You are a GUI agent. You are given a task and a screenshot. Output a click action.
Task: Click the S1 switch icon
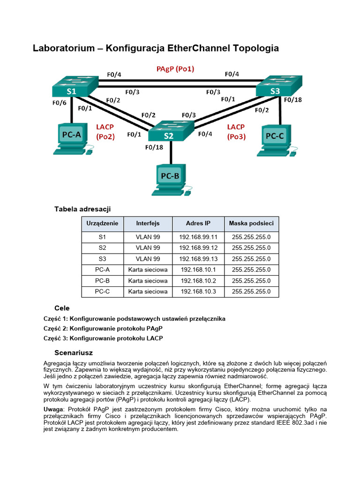pos(75,87)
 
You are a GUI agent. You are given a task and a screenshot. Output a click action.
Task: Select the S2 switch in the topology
pos(171,131)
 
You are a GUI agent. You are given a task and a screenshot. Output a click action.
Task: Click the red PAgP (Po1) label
pos(175,69)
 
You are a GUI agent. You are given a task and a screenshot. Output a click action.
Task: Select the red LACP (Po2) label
pos(105,132)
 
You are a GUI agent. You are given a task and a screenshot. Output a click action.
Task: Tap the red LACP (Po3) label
pos(236,132)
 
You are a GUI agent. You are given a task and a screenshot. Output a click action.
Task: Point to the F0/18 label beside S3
pos(293,100)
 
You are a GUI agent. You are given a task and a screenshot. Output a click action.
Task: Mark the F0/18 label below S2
pos(154,147)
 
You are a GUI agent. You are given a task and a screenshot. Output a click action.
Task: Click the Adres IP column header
pos(198,224)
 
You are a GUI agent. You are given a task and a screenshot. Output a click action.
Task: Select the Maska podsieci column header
pos(251,224)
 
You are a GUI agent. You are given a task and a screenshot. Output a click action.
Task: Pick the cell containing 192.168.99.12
pos(198,247)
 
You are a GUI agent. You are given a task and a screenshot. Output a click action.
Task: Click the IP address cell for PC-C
pos(198,291)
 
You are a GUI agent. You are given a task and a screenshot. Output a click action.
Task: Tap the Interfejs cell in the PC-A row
pos(148,270)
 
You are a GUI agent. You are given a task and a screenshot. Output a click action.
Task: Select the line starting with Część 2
pos(100,328)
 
